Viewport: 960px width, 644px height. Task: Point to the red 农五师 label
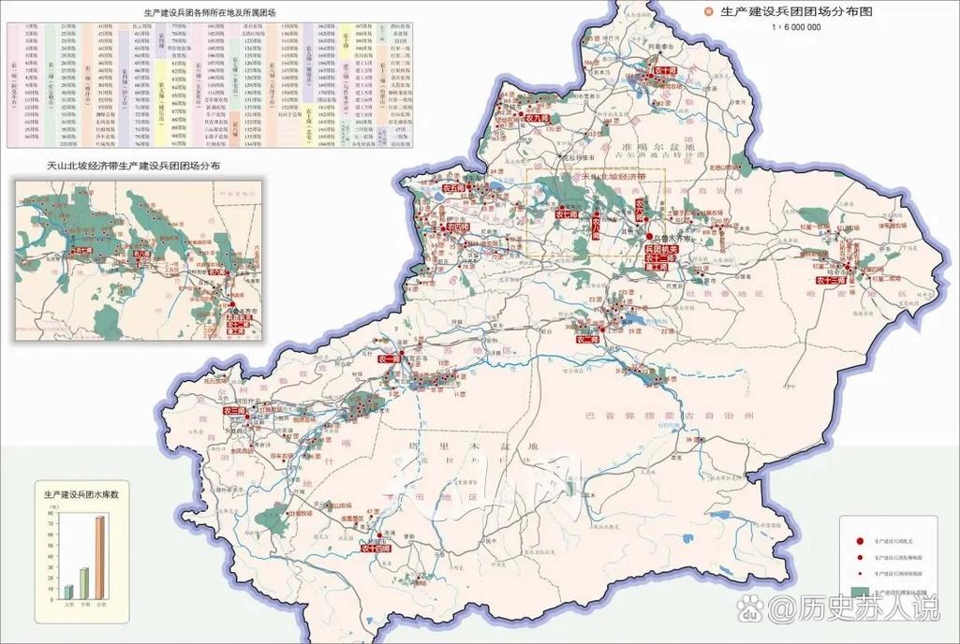453,188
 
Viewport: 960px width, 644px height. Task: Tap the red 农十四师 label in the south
375,549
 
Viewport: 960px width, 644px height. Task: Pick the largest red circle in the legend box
860,541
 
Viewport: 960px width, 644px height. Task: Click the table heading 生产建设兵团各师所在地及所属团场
203,14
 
